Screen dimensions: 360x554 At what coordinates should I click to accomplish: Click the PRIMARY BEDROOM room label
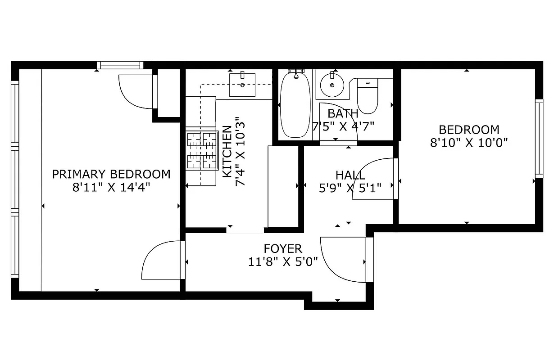[x=111, y=174]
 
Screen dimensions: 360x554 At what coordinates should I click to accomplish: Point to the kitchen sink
[x=242, y=85]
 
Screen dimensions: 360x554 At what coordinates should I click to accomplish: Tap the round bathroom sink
[x=332, y=84]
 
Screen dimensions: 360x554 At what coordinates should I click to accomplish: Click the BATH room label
[x=343, y=113]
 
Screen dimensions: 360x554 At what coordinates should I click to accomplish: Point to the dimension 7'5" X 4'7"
[x=344, y=126]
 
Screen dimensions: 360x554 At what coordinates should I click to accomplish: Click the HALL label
[x=350, y=175]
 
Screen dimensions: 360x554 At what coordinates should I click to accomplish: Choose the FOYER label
[x=283, y=248]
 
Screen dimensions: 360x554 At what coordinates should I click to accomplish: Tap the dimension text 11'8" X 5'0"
[x=283, y=261]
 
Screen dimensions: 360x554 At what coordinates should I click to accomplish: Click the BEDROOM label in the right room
[x=469, y=130]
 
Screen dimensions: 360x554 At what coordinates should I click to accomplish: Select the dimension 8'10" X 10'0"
[x=469, y=143]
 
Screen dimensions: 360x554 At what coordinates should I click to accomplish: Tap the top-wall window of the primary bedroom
[x=120, y=65]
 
